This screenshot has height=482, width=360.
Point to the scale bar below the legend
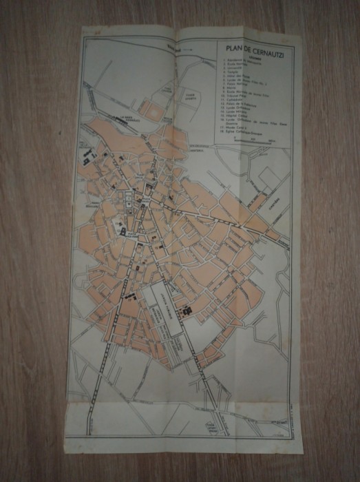click(253, 140)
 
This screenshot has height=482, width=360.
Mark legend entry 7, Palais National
click(237, 85)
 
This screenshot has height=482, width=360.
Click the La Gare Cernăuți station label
click(131, 118)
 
